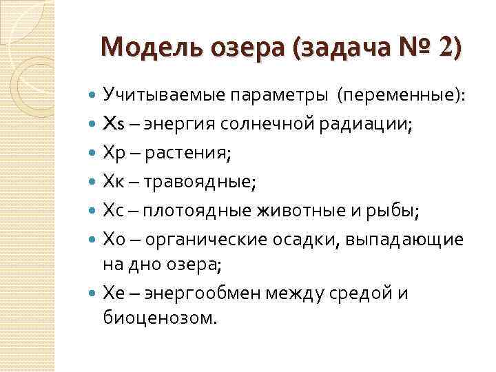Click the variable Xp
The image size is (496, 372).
pyautogui.click(x=113, y=154)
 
